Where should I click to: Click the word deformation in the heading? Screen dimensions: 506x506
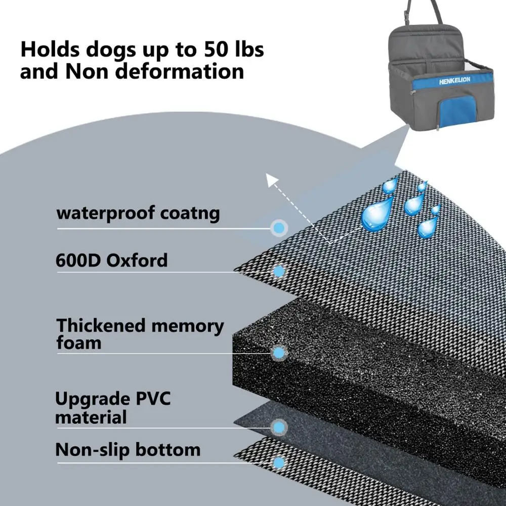pyautogui.click(x=180, y=71)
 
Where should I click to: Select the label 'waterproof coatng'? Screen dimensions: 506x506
pyautogui.click(x=138, y=213)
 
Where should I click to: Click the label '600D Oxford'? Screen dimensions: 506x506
pyautogui.click(x=111, y=261)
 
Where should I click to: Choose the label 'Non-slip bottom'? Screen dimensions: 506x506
pyautogui.click(x=128, y=449)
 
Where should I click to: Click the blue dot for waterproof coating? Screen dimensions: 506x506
pyautogui.click(x=278, y=228)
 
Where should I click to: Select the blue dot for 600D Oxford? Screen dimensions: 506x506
pyautogui.click(x=278, y=271)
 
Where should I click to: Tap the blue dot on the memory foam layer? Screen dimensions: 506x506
pyautogui.click(x=278, y=352)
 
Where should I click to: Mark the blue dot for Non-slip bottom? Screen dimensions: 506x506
pyautogui.click(x=278, y=462)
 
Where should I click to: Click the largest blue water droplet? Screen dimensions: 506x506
pyautogui.click(x=377, y=213)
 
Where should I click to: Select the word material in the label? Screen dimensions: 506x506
pyautogui.click(x=91, y=418)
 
